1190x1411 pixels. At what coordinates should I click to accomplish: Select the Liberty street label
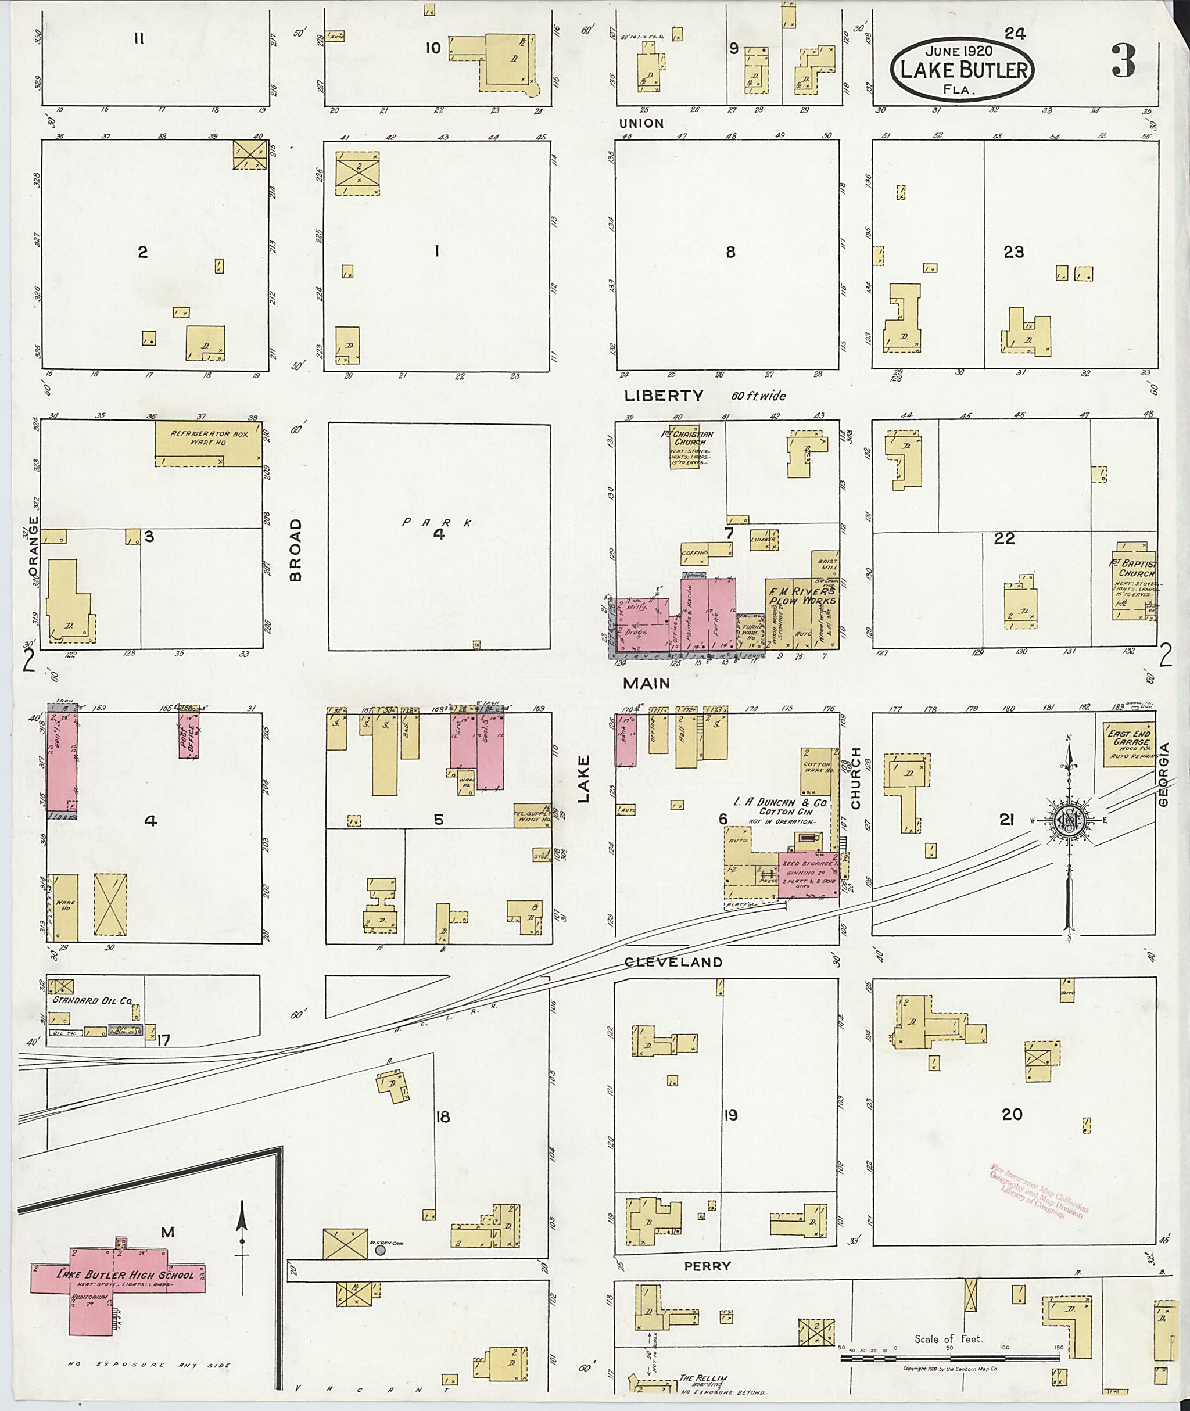(663, 396)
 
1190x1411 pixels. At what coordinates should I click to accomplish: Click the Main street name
(646, 683)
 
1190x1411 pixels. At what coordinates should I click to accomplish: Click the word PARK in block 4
(436, 522)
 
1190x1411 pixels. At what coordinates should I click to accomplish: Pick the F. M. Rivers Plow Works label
(801, 595)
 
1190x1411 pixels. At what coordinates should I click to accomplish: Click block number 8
(730, 252)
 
